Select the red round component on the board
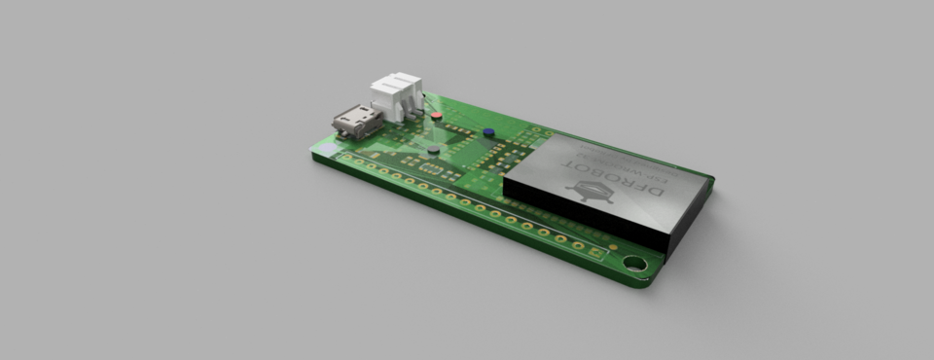pos(436,116)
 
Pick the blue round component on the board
pos(488,130)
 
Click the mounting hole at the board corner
pos(635,263)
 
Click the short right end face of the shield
pos(691,219)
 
